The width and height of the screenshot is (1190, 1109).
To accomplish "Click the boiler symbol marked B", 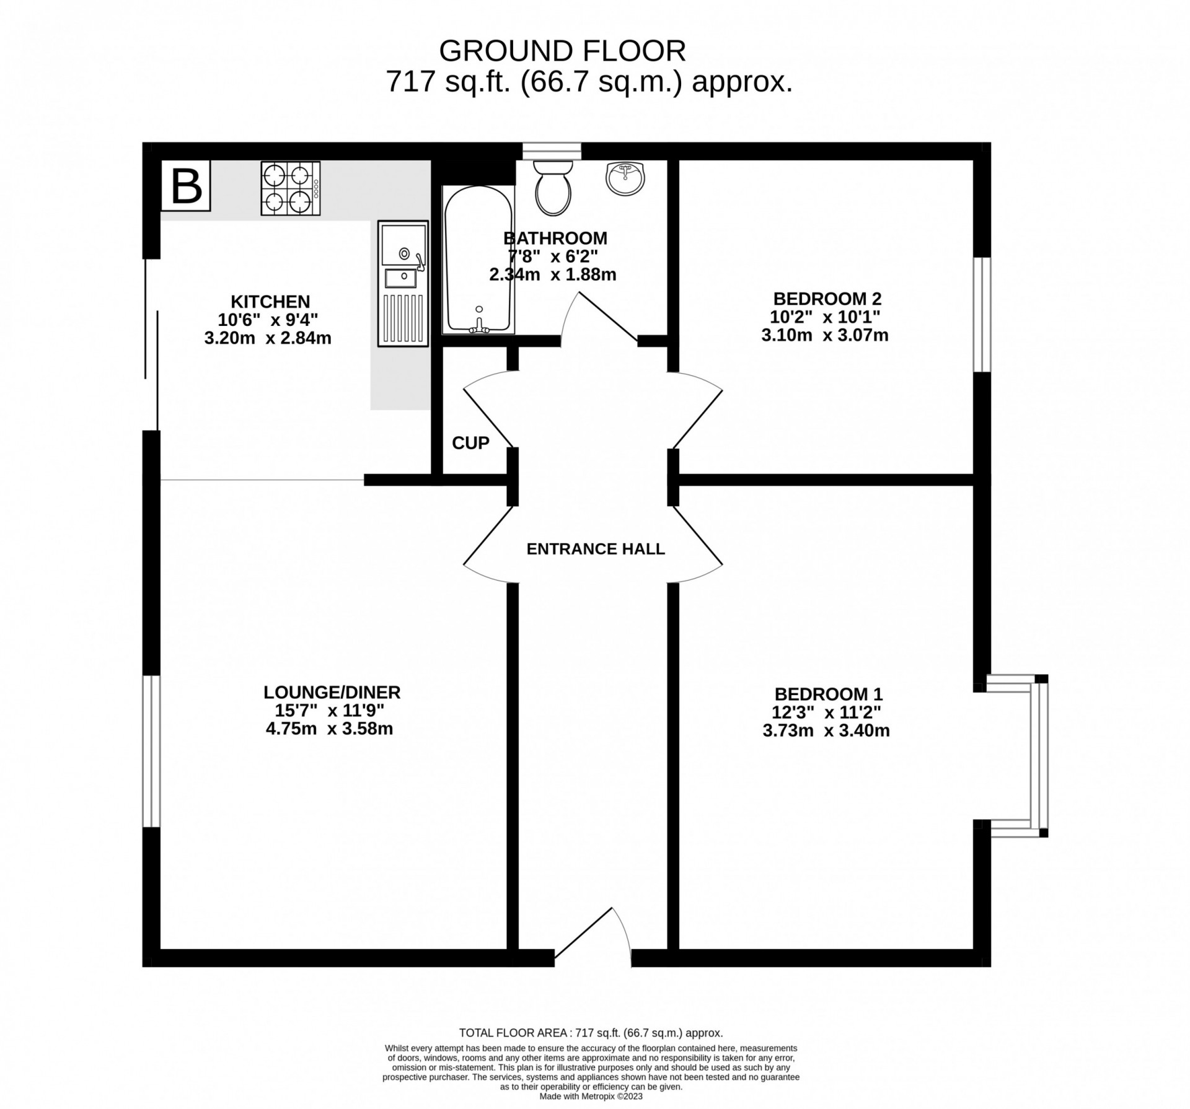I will tap(186, 186).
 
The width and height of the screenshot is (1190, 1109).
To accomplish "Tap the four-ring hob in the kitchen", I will tap(291, 188).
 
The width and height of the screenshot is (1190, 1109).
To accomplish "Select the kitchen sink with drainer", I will tap(403, 283).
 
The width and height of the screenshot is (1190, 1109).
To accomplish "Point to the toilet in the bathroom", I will tap(553, 186).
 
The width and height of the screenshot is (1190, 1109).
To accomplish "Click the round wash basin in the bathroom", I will tap(625, 178).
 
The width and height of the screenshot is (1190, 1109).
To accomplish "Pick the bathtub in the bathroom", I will tap(477, 260).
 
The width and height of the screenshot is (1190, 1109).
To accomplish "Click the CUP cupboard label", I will tap(470, 443).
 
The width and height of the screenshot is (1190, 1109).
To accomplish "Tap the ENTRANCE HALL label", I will tap(595, 549).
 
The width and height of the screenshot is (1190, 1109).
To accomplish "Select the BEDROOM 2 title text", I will tap(827, 299).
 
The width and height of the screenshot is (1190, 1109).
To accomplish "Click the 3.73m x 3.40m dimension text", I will tap(826, 730).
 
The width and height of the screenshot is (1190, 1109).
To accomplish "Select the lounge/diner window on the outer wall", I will tap(151, 751).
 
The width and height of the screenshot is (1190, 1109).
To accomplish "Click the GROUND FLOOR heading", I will tap(562, 51).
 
